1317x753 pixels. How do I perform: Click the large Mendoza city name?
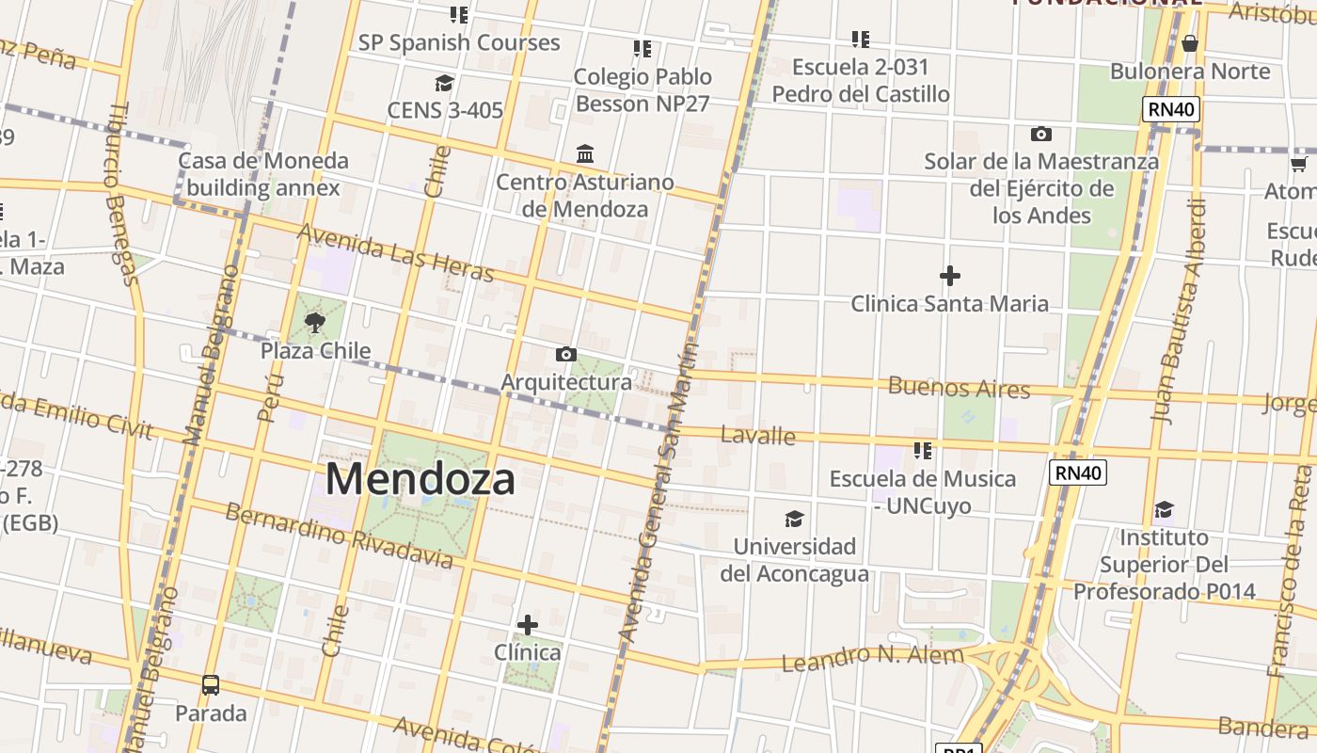pos(420,479)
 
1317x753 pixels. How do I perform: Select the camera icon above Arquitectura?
pos(565,354)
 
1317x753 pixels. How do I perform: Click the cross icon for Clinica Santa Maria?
pos(950,276)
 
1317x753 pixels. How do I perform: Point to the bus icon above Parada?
pos(211,684)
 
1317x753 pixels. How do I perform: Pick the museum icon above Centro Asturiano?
pos(585,153)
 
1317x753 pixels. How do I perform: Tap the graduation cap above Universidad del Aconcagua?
pos(795,519)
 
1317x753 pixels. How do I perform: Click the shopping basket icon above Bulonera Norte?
pos(1190,43)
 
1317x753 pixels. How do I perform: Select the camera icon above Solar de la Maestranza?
pos(1040,134)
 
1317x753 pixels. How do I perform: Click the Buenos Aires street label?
pos(959,387)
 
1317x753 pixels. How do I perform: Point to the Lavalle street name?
pos(757,435)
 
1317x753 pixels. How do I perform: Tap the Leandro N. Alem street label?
pos(873,658)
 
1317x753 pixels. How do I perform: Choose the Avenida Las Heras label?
pos(395,252)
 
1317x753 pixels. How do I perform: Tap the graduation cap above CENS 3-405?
pos(444,83)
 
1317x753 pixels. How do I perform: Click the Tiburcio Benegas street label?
pos(121,193)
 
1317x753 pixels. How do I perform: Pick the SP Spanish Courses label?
pos(459,42)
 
